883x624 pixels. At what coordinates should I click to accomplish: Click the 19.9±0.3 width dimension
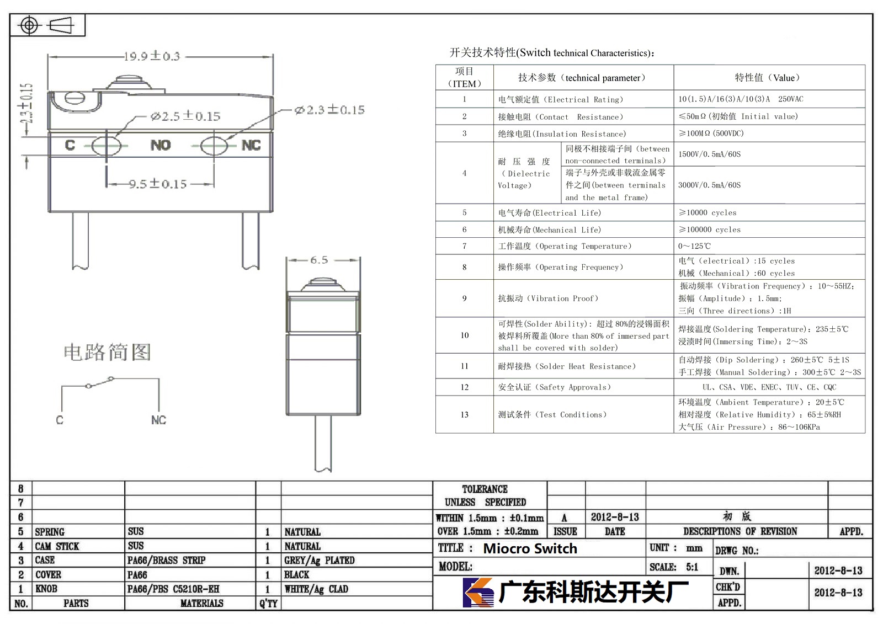click(152, 56)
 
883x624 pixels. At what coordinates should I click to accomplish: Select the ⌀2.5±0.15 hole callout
click(185, 116)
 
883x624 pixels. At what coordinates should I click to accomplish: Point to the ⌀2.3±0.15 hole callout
click(329, 110)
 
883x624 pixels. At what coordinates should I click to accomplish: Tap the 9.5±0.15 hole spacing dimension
click(158, 184)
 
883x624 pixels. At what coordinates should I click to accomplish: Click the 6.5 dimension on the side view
click(319, 260)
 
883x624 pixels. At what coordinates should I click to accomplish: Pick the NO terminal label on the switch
click(161, 145)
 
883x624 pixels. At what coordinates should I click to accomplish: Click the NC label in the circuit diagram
click(158, 420)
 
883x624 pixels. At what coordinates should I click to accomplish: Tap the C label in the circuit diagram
click(60, 420)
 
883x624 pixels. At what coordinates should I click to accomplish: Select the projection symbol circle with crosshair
click(29, 25)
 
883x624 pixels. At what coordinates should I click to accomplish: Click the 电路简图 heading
click(107, 352)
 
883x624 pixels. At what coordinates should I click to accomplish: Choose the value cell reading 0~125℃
click(694, 246)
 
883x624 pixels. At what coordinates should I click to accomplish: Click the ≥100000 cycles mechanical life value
click(709, 230)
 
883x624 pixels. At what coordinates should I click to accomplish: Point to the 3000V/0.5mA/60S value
click(709, 185)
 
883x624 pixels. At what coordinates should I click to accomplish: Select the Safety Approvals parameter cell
click(554, 387)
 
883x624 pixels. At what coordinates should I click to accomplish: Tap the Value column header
click(767, 78)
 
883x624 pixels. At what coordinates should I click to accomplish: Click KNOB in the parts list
click(46, 589)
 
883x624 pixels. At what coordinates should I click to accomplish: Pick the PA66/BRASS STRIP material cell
click(166, 560)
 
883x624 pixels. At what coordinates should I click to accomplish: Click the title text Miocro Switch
click(530, 548)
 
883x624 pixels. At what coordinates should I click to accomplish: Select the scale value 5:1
click(692, 567)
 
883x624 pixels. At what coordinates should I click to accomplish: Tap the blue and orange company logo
click(478, 592)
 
